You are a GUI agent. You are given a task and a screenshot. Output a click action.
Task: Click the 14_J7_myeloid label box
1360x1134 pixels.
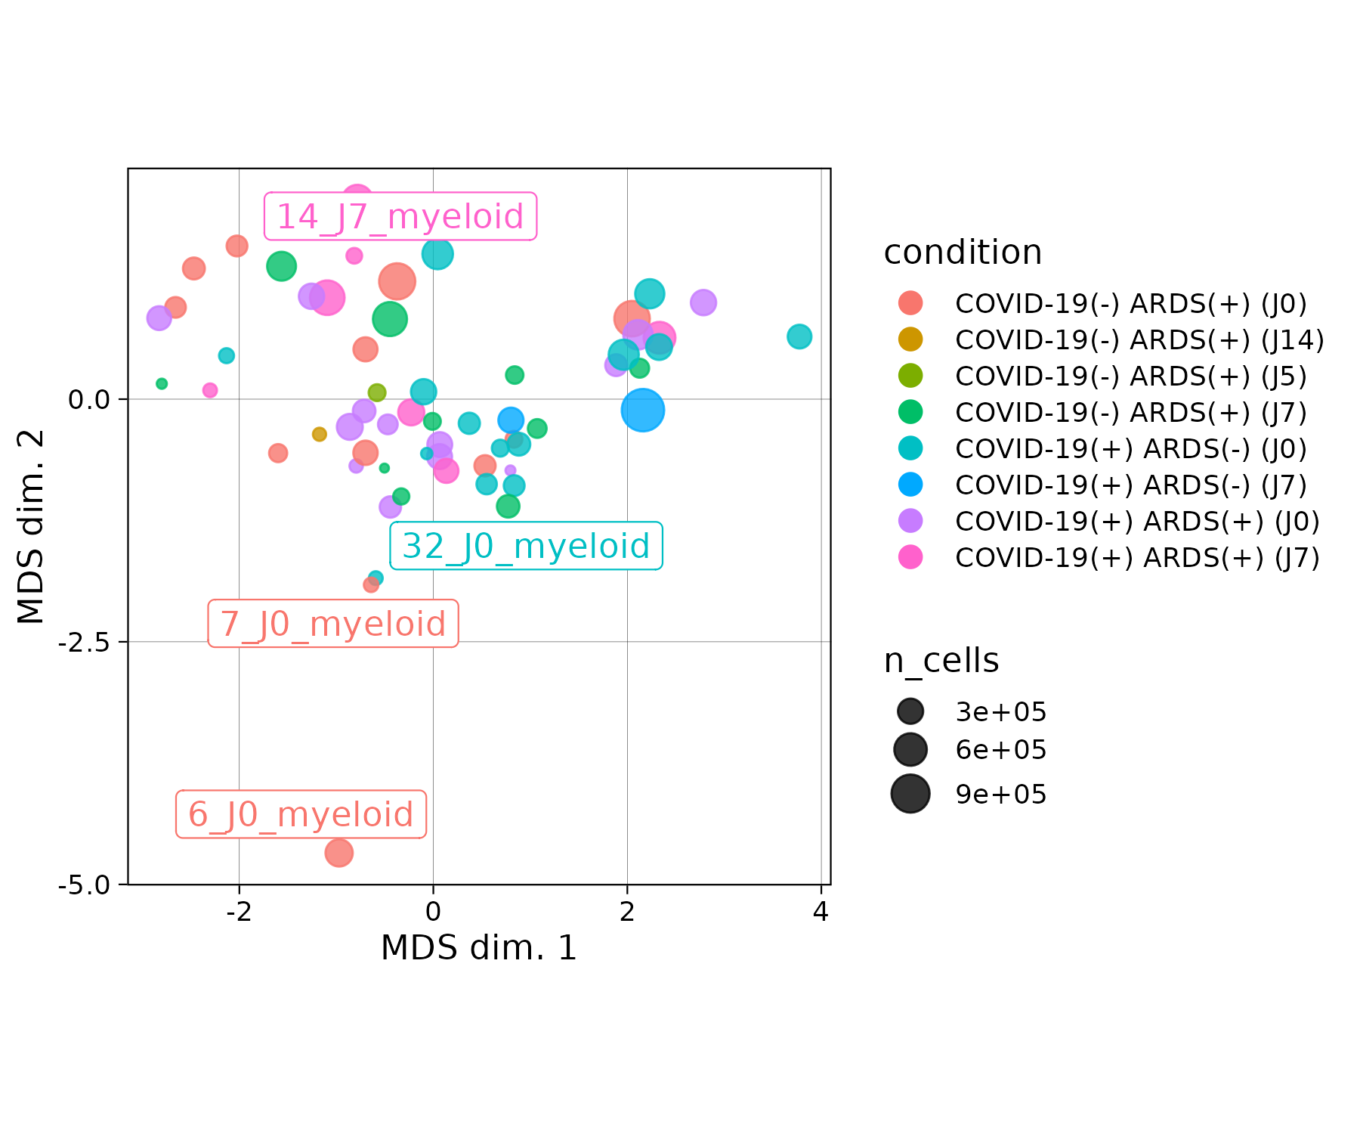click(400, 217)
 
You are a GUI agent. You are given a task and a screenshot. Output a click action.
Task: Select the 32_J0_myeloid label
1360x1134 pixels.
click(526, 546)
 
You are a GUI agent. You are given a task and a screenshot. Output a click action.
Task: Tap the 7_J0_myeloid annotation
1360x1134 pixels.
click(333, 624)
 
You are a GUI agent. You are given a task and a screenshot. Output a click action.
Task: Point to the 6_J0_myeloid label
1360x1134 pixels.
click(301, 814)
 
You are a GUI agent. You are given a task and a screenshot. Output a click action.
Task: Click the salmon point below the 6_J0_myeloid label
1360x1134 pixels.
click(338, 853)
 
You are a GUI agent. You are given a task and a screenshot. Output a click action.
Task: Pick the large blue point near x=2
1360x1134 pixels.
click(642, 411)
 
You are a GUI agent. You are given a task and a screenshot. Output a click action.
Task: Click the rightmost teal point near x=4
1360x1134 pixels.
click(799, 336)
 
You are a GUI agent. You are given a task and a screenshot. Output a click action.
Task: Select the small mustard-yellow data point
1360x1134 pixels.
click(320, 434)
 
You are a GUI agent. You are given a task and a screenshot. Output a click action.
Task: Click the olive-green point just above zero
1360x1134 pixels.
click(377, 392)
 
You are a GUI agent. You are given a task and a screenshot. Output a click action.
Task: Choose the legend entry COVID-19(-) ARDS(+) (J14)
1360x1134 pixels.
click(1139, 340)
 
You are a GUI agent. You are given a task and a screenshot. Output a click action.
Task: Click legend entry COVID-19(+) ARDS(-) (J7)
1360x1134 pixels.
click(1130, 485)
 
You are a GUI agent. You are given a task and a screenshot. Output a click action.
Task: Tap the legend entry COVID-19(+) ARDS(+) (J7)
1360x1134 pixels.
click(1137, 558)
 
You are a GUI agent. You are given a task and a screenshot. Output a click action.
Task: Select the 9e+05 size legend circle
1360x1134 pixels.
click(910, 794)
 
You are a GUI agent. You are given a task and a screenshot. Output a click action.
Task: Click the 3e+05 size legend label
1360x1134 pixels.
click(1001, 712)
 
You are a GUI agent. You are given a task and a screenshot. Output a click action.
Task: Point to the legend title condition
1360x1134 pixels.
click(963, 253)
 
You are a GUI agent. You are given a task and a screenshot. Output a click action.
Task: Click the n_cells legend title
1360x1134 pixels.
click(941, 661)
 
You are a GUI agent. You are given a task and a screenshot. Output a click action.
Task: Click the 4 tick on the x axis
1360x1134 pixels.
click(821, 912)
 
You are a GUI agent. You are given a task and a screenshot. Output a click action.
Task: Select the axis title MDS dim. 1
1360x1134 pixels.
click(479, 948)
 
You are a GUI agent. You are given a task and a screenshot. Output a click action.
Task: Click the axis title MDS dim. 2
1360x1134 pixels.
click(32, 527)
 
